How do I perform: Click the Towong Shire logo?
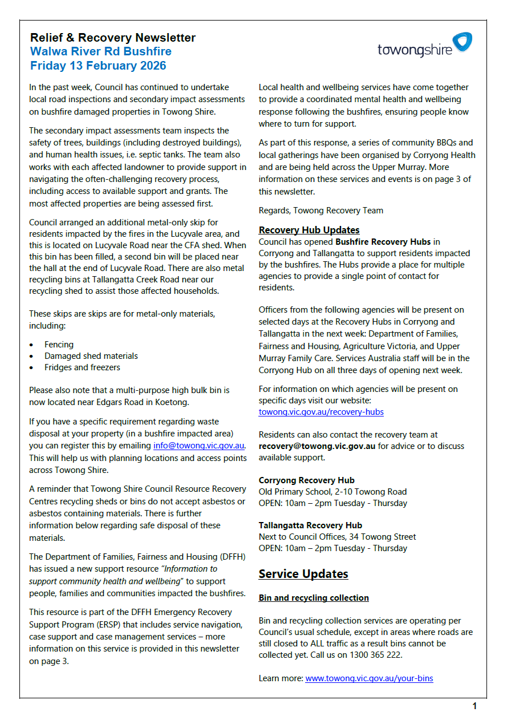425,45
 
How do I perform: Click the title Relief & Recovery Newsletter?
113,38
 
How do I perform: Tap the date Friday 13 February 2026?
98,66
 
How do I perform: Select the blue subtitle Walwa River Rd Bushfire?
101,51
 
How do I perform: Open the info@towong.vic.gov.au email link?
199,446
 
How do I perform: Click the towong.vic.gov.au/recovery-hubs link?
321,412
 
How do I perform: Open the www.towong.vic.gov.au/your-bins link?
369,678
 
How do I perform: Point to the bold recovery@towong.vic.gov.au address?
317,446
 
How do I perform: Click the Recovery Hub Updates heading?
309,230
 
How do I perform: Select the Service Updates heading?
303,574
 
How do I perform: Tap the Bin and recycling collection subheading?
314,598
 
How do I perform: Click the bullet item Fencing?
59,345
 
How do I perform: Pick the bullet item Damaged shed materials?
91,356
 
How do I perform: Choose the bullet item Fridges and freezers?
82,367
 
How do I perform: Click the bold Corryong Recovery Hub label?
307,480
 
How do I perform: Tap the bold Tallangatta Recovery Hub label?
310,525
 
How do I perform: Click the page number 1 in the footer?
474,706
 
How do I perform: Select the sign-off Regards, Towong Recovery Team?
321,210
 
